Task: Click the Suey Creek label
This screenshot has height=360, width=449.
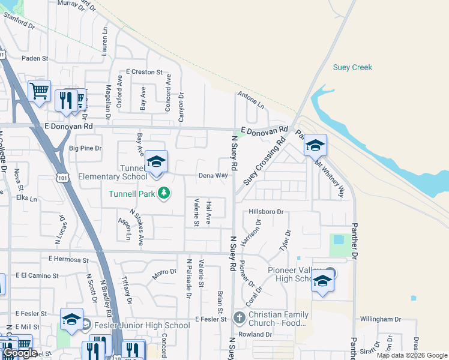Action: click(x=352, y=67)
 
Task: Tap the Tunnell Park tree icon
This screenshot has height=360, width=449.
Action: click(x=163, y=193)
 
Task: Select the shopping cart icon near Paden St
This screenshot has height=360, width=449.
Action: click(x=39, y=92)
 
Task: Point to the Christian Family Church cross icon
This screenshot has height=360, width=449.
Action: click(x=239, y=317)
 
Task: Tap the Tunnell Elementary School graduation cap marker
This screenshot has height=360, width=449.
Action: click(x=156, y=162)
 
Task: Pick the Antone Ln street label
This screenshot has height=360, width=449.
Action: click(x=251, y=99)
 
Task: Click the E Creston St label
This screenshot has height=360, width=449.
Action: click(x=144, y=72)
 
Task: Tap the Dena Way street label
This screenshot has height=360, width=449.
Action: click(x=214, y=176)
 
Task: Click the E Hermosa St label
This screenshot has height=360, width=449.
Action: click(x=68, y=260)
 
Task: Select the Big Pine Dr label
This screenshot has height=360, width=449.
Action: click(x=86, y=148)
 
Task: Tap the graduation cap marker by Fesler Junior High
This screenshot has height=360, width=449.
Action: click(x=71, y=320)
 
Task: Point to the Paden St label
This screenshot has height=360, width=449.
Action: click(x=34, y=58)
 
